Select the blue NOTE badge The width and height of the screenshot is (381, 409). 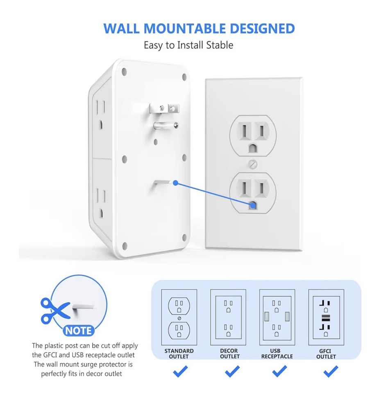point(79,330)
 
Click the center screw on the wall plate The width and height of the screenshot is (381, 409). point(253,164)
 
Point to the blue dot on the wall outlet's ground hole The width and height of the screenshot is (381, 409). point(253,205)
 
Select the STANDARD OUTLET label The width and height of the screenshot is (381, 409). point(179,354)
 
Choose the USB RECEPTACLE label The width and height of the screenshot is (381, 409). point(277,354)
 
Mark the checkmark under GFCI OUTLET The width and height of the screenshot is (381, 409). point(330,371)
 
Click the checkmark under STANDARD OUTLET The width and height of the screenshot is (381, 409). point(180,371)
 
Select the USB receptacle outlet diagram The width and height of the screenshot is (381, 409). point(277,317)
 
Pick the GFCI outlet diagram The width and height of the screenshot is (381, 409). point(326,317)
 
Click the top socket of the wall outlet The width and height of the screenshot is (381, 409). point(253,135)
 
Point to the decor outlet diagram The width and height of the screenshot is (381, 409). point(228,317)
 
